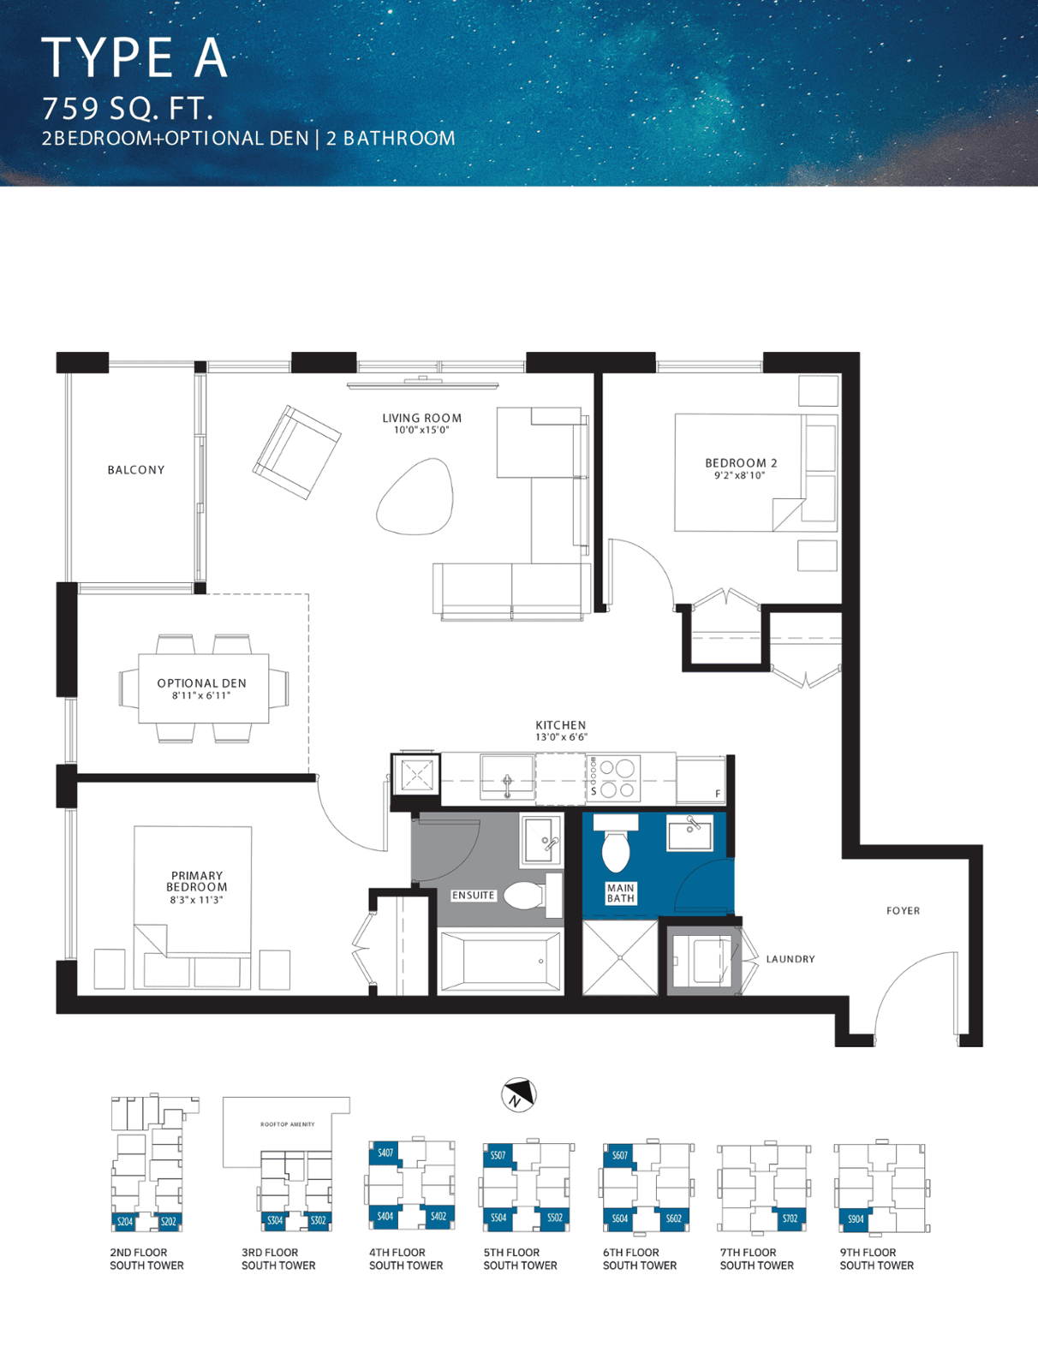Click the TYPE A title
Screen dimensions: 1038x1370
134,57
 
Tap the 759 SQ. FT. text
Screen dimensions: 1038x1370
128,109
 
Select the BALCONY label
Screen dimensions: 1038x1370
136,470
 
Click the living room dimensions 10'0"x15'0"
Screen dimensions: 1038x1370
421,430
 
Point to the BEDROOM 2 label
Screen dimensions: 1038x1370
741,463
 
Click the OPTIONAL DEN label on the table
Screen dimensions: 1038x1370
201,683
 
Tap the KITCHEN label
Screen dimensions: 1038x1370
560,725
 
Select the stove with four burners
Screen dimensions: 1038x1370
612,777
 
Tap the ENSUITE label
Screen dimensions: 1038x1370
473,895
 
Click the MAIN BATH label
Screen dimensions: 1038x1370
620,892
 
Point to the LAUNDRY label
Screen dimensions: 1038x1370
790,959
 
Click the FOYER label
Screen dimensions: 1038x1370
904,911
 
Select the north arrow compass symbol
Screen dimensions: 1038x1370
519,1095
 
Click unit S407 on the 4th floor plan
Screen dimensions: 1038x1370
385,1153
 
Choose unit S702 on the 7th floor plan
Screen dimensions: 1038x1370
790,1218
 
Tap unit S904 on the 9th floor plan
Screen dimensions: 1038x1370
856,1218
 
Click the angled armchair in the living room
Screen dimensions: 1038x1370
296,452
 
